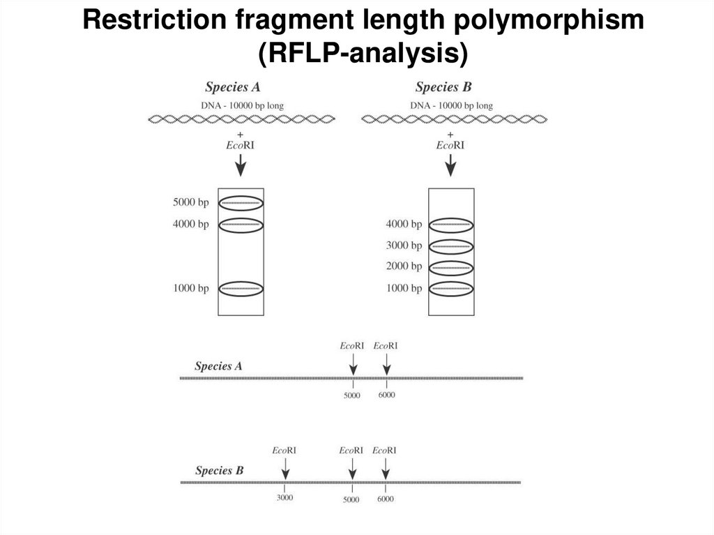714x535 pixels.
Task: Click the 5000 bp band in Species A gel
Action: click(x=241, y=203)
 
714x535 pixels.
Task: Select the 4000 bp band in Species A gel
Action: click(x=241, y=225)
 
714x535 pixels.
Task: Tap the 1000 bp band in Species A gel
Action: click(x=241, y=289)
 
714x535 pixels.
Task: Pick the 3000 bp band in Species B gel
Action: click(x=451, y=246)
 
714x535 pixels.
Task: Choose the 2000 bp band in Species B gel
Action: click(x=451, y=267)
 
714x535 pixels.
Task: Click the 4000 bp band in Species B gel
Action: click(x=451, y=225)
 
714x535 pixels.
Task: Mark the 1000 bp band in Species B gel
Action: click(x=451, y=289)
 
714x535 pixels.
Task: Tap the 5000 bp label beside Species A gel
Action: click(x=191, y=203)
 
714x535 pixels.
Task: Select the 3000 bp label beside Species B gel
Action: click(x=404, y=246)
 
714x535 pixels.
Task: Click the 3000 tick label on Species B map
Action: click(x=284, y=497)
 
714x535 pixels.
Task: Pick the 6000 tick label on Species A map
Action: click(x=387, y=395)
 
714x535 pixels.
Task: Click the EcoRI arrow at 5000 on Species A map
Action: click(x=353, y=364)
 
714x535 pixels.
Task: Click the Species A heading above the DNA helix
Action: click(x=233, y=87)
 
